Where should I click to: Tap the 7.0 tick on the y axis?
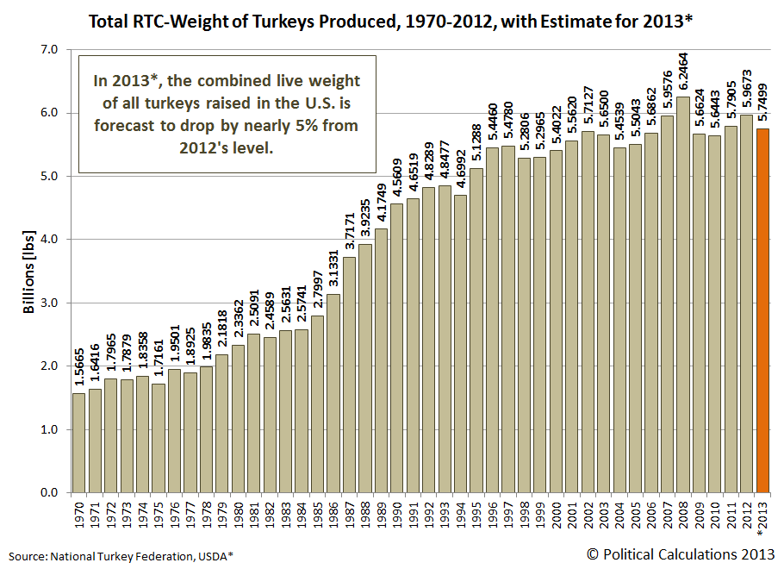[x=49, y=50]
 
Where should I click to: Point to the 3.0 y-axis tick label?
[x=49, y=303]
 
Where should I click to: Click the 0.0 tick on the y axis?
[x=49, y=492]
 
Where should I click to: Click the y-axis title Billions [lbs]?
[x=28, y=271]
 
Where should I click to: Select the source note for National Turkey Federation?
[x=121, y=556]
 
